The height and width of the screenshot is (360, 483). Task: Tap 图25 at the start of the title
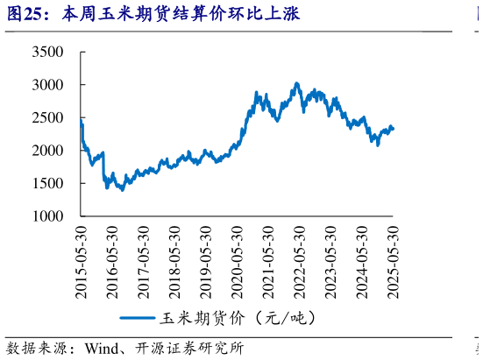pyautogui.click(x=22, y=14)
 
